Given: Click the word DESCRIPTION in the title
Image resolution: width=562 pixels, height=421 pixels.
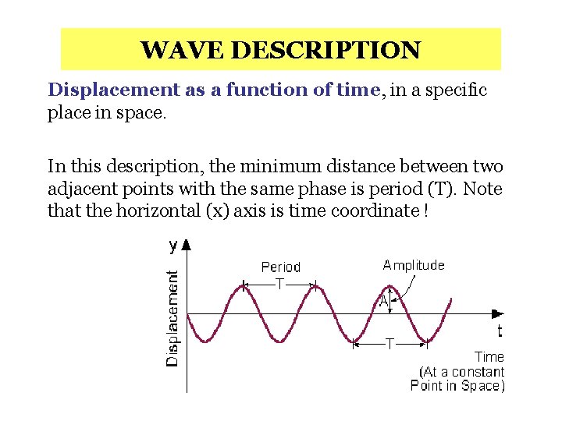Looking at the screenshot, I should pyautogui.click(x=326, y=51).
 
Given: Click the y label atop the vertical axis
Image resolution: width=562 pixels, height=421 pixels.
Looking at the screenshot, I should pyautogui.click(x=173, y=246).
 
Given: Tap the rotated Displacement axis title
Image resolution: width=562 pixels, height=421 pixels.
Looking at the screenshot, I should pyautogui.click(x=173, y=317).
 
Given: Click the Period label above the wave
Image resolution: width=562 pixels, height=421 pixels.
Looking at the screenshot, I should pyautogui.click(x=280, y=267).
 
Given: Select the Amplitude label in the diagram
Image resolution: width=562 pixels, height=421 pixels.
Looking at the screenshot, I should pyautogui.click(x=414, y=265).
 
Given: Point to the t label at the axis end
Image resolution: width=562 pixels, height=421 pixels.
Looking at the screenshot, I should pyautogui.click(x=500, y=331).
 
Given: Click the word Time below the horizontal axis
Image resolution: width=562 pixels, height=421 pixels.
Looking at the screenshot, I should pyautogui.click(x=489, y=357).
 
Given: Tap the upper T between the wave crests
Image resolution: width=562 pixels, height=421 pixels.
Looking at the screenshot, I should pyautogui.click(x=279, y=285).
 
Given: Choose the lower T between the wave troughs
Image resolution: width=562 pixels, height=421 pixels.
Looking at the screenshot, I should pyautogui.click(x=389, y=343).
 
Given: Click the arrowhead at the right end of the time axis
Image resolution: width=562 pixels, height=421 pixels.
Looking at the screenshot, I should pyautogui.click(x=498, y=313).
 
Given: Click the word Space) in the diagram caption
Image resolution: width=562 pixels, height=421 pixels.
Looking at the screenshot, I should pyautogui.click(x=483, y=385).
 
